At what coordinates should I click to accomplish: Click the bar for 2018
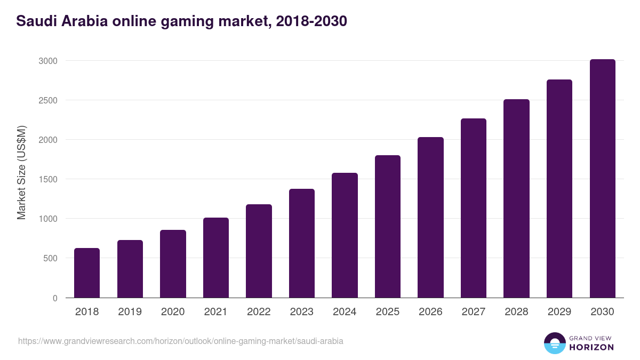point(87,273)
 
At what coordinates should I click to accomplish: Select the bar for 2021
point(216,258)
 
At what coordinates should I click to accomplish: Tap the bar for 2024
point(345,235)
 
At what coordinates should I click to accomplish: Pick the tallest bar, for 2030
point(602,179)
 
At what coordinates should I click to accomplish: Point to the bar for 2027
point(474,208)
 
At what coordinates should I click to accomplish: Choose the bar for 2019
point(130,269)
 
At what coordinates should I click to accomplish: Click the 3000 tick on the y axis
point(48,61)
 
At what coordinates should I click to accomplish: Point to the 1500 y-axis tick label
point(48,179)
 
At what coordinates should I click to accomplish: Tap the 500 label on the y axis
point(50,258)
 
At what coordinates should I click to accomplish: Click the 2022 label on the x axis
point(259,312)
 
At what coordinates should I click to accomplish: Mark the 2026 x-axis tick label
point(430,312)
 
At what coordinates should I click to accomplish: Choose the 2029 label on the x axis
point(559,312)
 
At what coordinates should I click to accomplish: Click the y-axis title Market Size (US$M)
point(21,172)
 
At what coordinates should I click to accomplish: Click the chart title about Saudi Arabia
point(181,21)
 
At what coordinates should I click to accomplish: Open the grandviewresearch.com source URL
point(181,341)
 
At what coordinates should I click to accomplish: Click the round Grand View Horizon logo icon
point(555,343)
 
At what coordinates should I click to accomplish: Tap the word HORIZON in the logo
point(591,347)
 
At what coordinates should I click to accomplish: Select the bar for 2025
point(388,226)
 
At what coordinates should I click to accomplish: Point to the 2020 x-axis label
point(173,312)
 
